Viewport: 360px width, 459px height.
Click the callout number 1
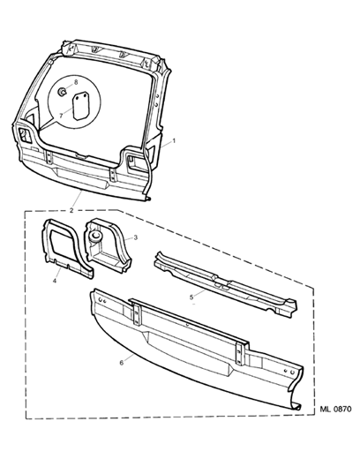pyautogui.click(x=174, y=141)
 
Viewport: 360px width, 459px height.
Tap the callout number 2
pyautogui.click(x=71, y=210)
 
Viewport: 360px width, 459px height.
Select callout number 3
pyautogui.click(x=135, y=237)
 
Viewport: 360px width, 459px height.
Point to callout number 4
pyautogui.click(x=55, y=281)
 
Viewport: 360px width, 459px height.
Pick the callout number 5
pyautogui.click(x=191, y=297)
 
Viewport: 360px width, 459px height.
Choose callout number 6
pyautogui.click(x=122, y=363)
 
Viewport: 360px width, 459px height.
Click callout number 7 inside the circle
pyautogui.click(x=61, y=116)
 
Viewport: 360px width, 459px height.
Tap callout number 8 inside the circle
pyautogui.click(x=76, y=82)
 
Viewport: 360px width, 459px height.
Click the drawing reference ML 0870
pyautogui.click(x=335, y=410)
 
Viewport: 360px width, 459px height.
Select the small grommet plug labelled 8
pyautogui.click(x=62, y=92)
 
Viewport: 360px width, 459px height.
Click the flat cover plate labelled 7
pyautogui.click(x=81, y=106)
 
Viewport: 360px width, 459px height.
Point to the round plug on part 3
pyautogui.click(x=95, y=237)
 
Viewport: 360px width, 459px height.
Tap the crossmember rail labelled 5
pyautogui.click(x=226, y=284)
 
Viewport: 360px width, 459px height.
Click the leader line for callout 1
pyautogui.click(x=166, y=144)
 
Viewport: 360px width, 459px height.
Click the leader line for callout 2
pyautogui.click(x=77, y=199)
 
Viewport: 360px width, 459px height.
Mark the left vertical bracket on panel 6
pyautogui.click(x=137, y=314)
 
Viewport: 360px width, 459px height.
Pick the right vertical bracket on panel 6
pyautogui.click(x=241, y=352)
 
